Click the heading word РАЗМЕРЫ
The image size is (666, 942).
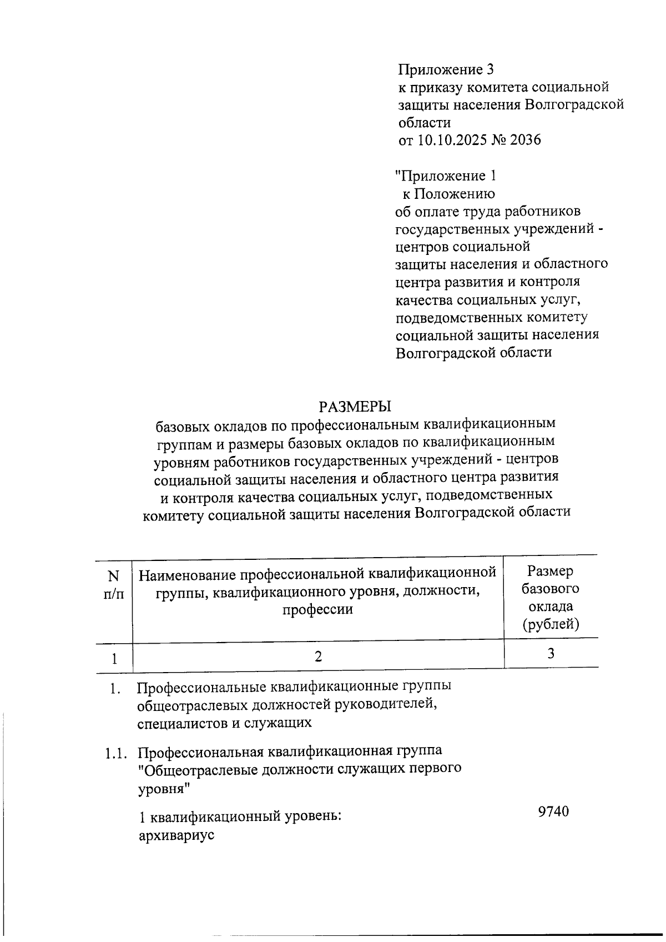point(355,407)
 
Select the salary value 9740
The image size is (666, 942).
point(553,811)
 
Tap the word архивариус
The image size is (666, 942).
point(176,835)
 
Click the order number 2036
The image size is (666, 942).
point(525,139)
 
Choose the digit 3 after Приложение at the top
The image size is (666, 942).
point(490,69)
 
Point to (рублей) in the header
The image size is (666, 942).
point(551,624)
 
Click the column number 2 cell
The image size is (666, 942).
point(318,656)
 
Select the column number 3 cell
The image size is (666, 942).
point(551,654)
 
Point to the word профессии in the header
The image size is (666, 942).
point(317,609)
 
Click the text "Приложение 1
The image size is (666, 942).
point(445,176)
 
